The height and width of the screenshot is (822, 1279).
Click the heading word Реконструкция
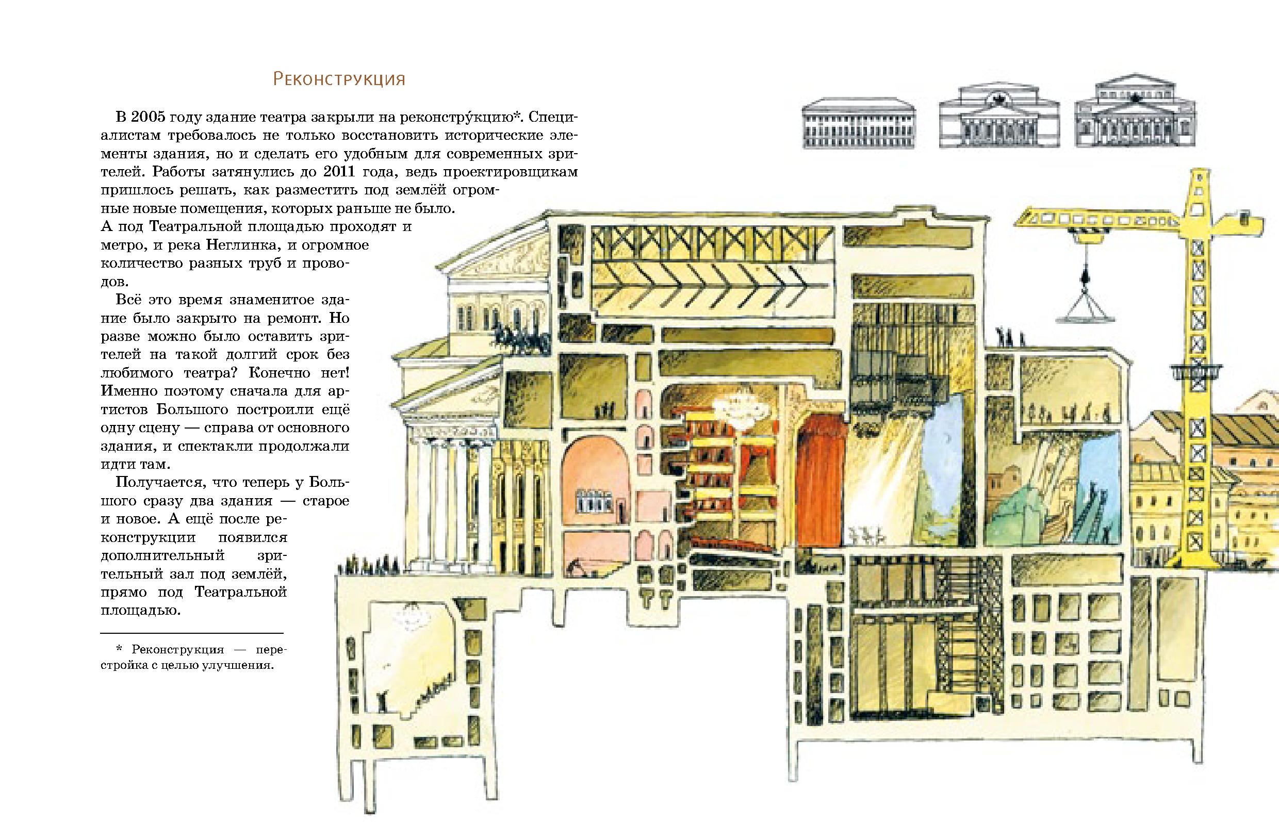pyautogui.click(x=339, y=79)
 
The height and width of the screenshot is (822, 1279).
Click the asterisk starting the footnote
pyautogui.click(x=119, y=649)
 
